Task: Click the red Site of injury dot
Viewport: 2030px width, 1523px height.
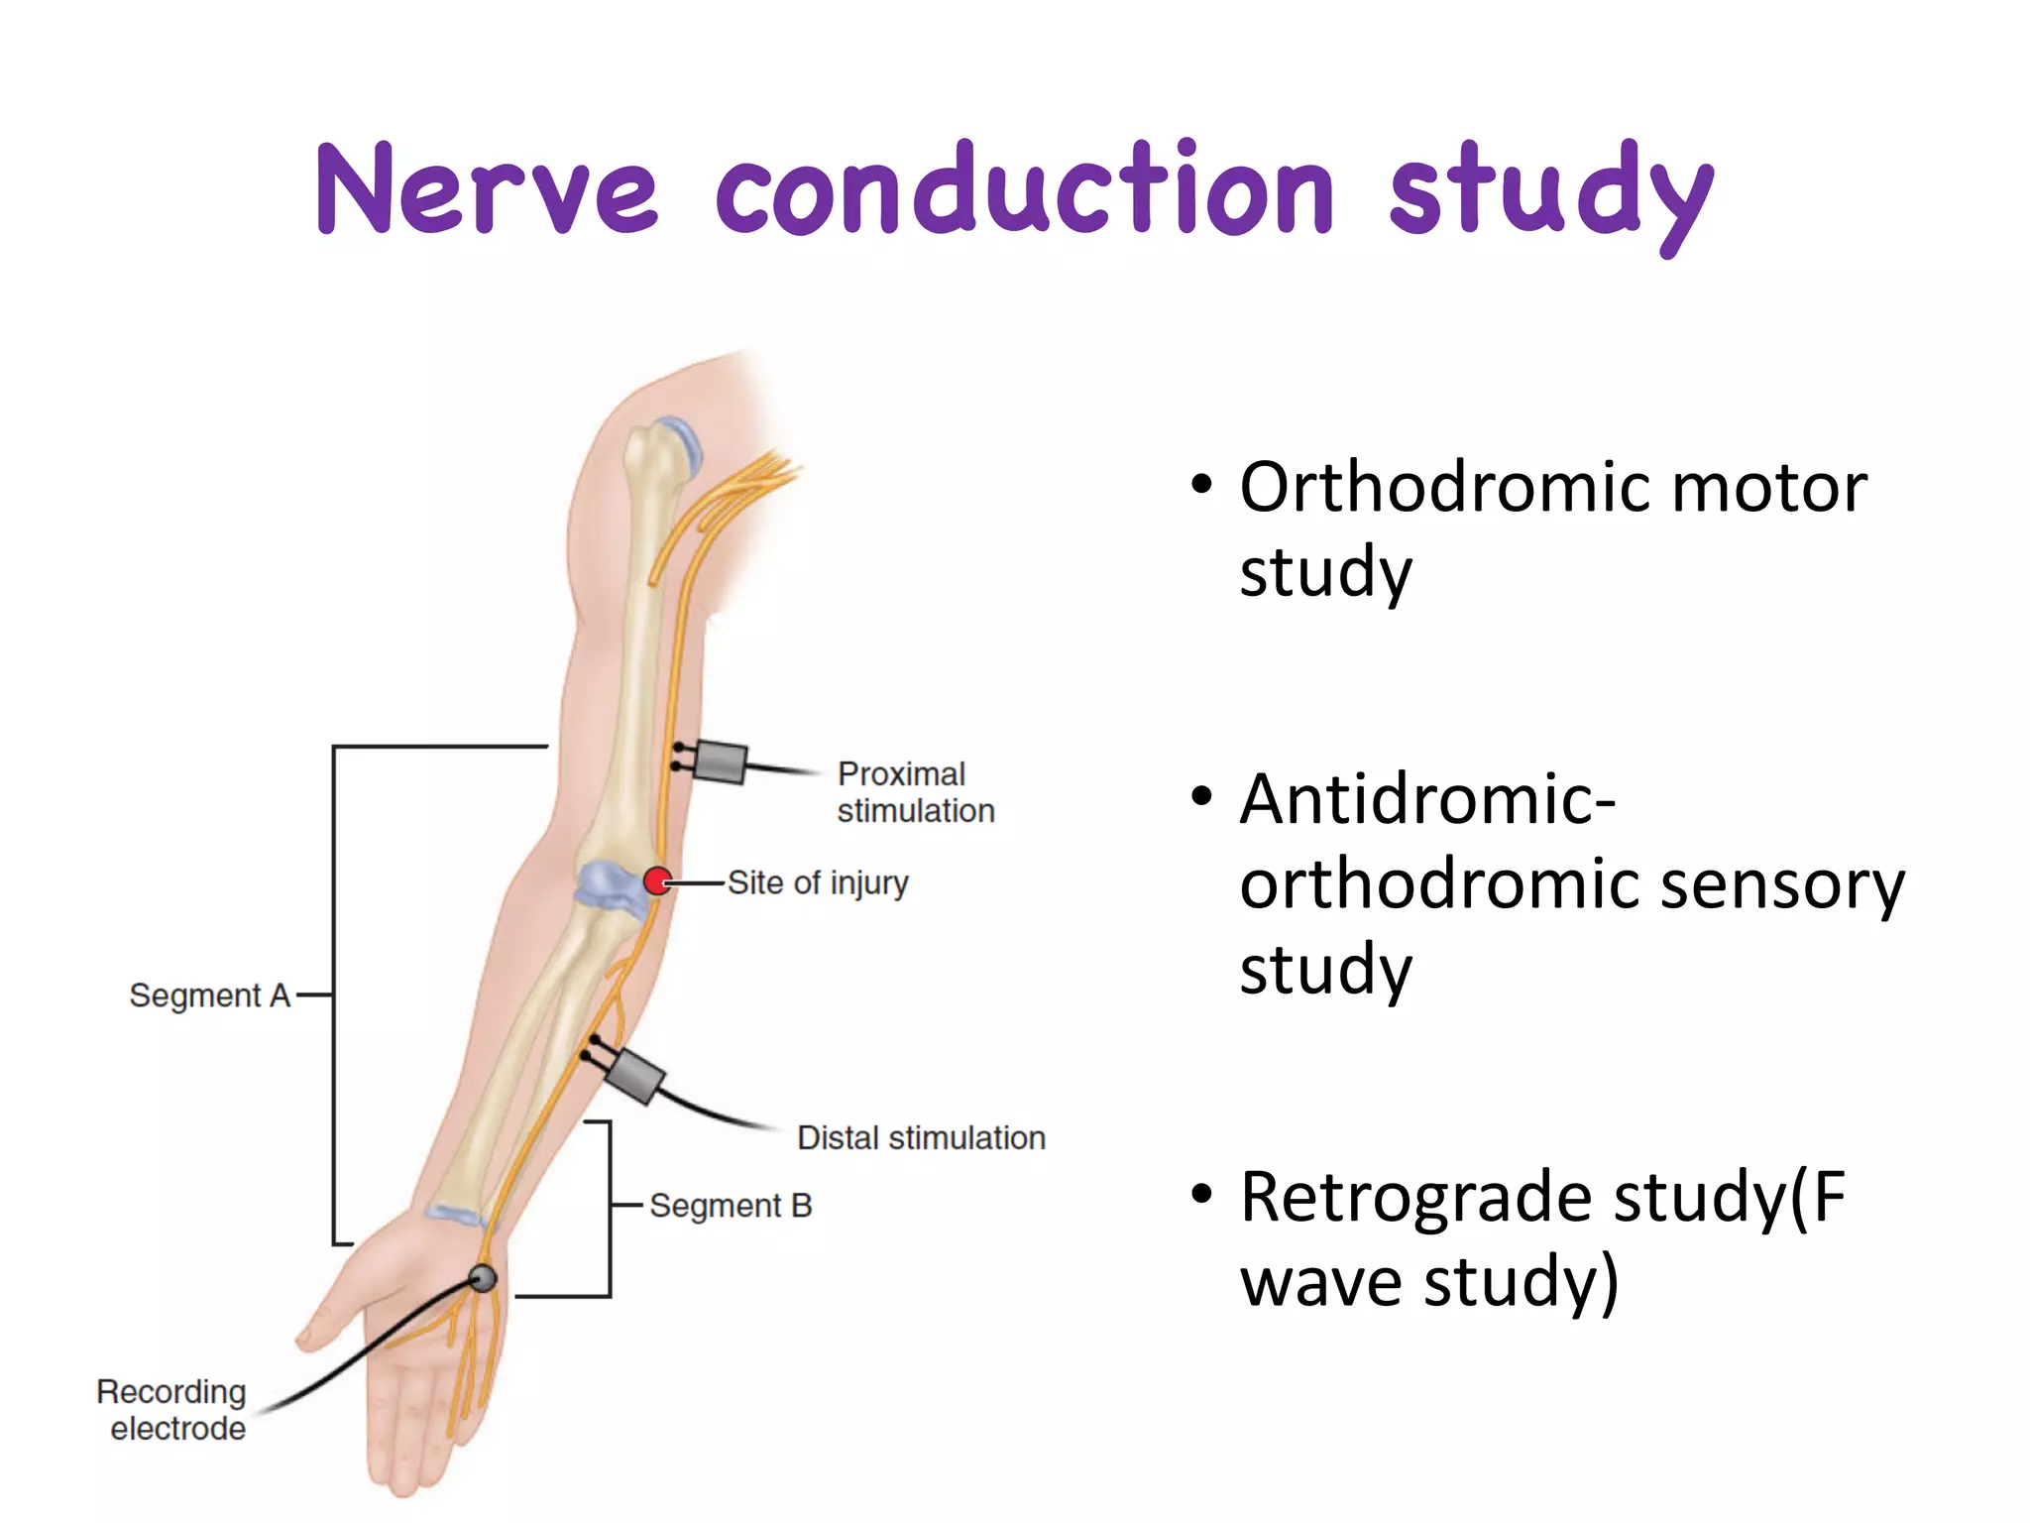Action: click(x=657, y=880)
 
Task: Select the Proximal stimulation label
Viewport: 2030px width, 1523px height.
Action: click(x=915, y=792)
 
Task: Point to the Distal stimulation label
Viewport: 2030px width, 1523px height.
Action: click(x=921, y=1137)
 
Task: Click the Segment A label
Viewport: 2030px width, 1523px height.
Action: click(x=209, y=995)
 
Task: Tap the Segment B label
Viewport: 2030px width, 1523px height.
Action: click(x=731, y=1205)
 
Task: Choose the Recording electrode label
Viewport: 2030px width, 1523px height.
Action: click(x=172, y=1409)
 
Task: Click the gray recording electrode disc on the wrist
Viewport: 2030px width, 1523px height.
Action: click(x=483, y=1277)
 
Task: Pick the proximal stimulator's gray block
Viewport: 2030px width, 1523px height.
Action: click(x=721, y=761)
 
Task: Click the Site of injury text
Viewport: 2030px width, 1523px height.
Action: click(x=818, y=881)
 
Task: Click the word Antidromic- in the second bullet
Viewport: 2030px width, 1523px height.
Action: click(x=1428, y=799)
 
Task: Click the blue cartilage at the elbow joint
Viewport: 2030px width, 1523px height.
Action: click(x=608, y=884)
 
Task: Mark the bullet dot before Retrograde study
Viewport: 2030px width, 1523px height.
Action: click(x=1201, y=1193)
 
